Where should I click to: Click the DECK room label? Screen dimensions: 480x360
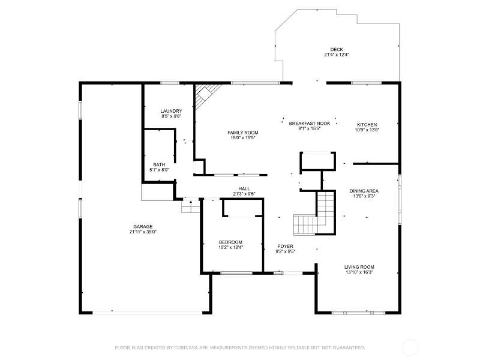coord(337,49)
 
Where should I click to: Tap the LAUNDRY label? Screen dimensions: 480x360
coord(171,111)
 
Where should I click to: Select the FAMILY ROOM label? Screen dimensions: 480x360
coord(243,133)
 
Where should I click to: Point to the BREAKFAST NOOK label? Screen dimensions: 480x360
coord(310,124)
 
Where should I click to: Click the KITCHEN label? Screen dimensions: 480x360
coord(367,125)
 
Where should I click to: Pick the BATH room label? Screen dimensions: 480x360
coord(159,164)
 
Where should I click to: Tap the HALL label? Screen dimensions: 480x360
coord(244,188)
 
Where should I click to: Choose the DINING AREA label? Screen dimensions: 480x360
coord(364,191)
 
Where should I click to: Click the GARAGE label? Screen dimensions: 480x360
coord(143,227)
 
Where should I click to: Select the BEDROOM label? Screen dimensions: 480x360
coord(230,242)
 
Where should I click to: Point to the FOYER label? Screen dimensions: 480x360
coord(286,246)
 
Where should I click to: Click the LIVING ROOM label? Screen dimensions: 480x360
coord(359,267)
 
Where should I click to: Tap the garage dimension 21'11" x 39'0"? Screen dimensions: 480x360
coord(143,232)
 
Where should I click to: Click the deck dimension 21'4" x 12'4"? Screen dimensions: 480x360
coord(337,55)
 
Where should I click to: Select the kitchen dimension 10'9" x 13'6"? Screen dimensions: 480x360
coord(367,130)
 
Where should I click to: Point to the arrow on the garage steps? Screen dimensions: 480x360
coord(191,202)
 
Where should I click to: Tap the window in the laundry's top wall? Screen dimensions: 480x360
coord(170,83)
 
